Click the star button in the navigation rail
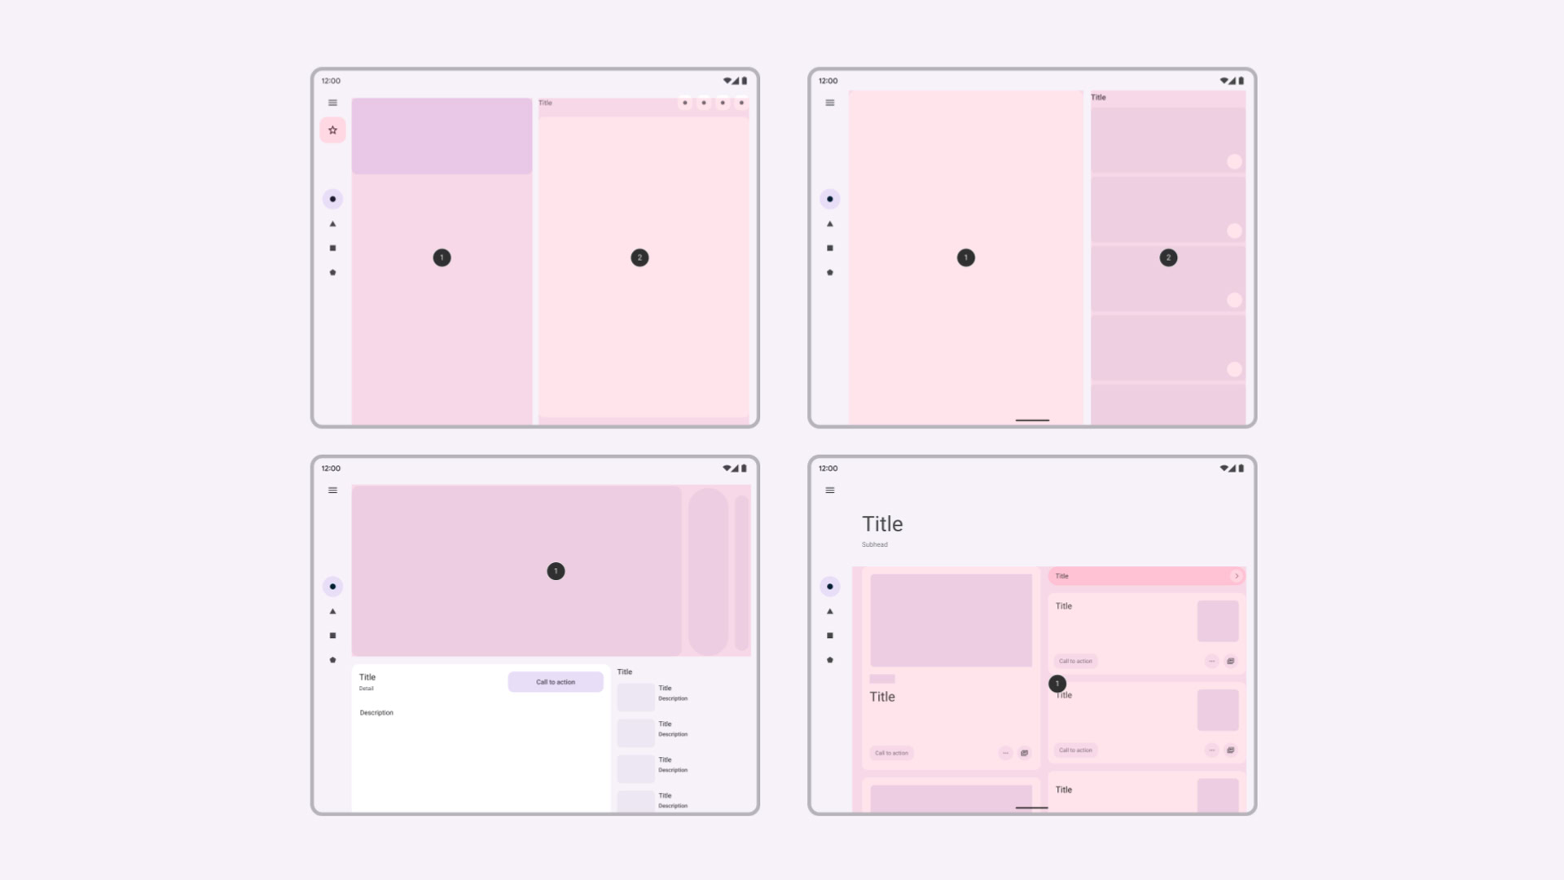click(332, 130)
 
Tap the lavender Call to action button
click(556, 682)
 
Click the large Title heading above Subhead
click(882, 524)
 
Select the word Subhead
click(875, 544)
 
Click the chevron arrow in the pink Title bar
click(1237, 576)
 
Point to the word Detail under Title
click(367, 689)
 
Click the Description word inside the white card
click(376, 713)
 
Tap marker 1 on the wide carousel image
click(556, 571)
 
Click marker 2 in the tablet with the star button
click(639, 257)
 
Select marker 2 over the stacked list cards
click(1168, 257)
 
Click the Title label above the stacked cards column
click(1098, 97)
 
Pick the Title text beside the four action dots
click(545, 103)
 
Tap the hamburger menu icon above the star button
click(332, 103)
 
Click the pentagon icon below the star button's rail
click(332, 273)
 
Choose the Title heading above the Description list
click(625, 671)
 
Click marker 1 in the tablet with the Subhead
click(1057, 684)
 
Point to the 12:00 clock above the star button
click(331, 81)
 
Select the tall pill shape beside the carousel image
click(708, 571)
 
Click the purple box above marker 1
click(442, 136)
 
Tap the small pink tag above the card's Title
click(882, 679)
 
